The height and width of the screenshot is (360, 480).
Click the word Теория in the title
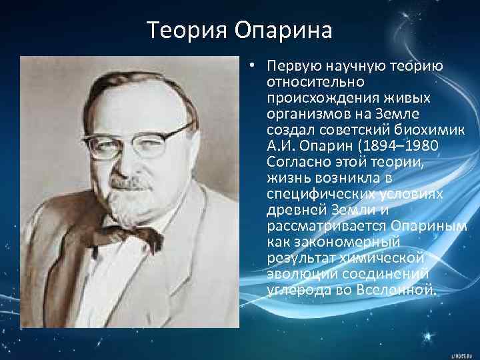tap(186, 30)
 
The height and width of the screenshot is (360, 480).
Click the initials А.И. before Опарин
tap(280, 144)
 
